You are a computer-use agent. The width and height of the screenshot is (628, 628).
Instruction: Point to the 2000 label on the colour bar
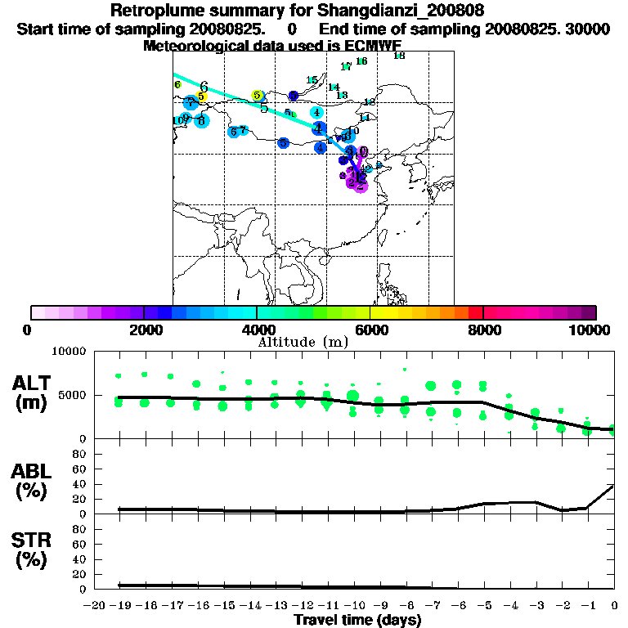(144, 330)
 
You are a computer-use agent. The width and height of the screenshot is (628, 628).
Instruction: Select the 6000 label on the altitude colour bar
(370, 330)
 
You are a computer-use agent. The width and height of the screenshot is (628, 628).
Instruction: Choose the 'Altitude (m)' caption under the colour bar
(303, 342)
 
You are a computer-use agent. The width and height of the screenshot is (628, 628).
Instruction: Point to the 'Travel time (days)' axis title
(357, 621)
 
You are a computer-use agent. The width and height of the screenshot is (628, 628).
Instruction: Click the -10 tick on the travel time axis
(354, 606)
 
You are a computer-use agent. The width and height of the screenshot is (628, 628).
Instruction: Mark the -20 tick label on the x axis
(96, 606)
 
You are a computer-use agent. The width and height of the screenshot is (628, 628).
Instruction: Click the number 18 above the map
(399, 56)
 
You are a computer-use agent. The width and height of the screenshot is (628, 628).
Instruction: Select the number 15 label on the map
(312, 80)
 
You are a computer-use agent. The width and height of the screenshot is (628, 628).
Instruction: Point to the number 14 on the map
(334, 87)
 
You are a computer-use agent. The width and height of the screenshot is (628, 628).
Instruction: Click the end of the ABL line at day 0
(614, 485)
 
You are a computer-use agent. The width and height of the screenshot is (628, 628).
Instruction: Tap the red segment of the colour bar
(475, 312)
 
